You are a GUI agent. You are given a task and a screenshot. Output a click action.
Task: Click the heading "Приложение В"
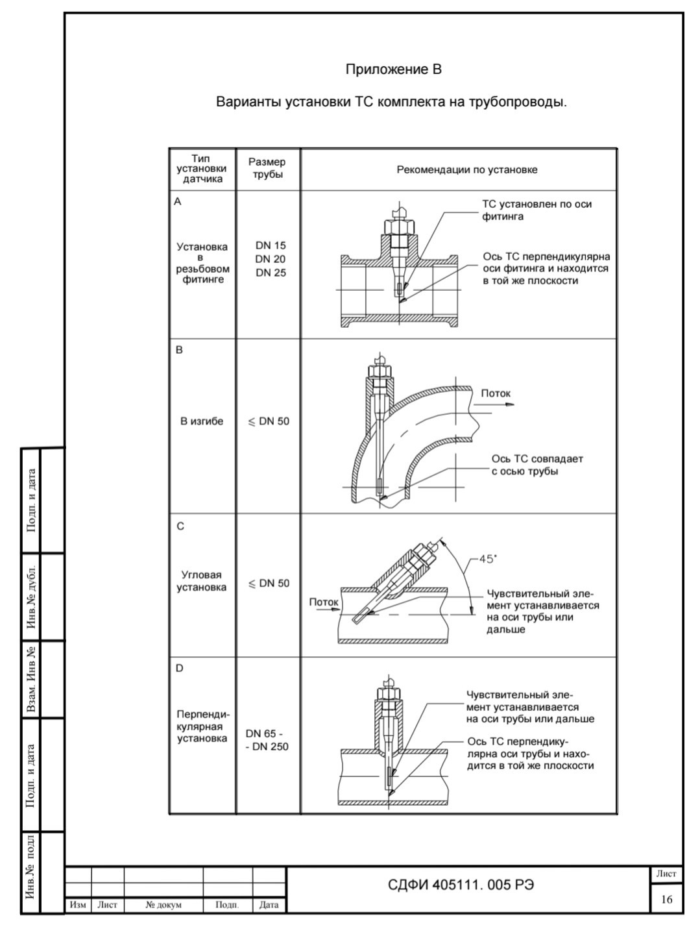pos(393,69)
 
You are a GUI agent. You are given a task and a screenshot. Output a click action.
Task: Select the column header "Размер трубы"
pos(267,168)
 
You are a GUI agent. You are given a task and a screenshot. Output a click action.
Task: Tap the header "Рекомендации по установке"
pos(466,170)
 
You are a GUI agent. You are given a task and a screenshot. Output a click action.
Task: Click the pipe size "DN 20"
pos(271,259)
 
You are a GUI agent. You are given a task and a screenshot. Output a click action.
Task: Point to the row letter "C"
pos(180,526)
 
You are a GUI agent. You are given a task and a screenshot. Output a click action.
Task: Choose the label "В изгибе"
pos(202,421)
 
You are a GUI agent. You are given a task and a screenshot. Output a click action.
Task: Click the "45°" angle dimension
pos(487,559)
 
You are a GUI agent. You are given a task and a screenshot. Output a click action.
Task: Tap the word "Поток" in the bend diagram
pos(496,393)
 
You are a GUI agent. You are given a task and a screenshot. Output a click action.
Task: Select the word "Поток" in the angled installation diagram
pos(324,602)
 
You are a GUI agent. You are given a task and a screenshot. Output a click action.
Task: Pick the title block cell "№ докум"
pos(163,905)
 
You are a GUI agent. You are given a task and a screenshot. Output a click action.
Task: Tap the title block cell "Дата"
pos(269,905)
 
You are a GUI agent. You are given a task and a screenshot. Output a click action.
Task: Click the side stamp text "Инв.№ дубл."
pos(31,597)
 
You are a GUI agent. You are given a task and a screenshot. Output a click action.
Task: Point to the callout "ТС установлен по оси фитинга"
pos(537,210)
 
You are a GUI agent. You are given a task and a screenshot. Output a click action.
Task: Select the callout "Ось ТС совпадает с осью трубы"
pos(537,465)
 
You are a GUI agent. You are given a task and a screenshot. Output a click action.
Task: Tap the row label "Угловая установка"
pos(202,581)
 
